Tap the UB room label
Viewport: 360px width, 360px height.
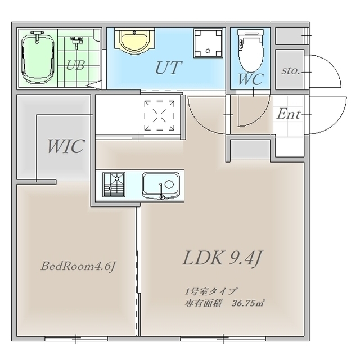(x=75, y=65)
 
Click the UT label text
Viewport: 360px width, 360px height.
(x=169, y=67)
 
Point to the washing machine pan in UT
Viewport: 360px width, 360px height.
(x=208, y=43)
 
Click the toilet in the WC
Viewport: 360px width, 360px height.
(x=250, y=51)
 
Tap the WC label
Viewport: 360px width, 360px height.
(x=251, y=79)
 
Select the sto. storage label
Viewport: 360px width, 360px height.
(x=291, y=70)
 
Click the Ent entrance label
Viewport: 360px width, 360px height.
(x=289, y=114)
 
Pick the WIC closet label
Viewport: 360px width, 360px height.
(x=66, y=146)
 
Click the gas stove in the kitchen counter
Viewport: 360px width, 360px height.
(x=114, y=184)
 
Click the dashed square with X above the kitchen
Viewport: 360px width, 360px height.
(x=159, y=115)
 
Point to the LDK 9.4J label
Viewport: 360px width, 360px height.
(x=222, y=258)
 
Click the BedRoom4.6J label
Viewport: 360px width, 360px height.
(x=78, y=267)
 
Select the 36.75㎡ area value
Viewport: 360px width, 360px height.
(x=247, y=303)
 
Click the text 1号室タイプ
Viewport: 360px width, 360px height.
(x=210, y=291)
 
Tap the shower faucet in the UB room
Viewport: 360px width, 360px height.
(x=76, y=41)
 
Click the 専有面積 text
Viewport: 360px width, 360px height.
(x=203, y=304)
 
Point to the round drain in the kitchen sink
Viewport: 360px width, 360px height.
(x=169, y=184)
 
